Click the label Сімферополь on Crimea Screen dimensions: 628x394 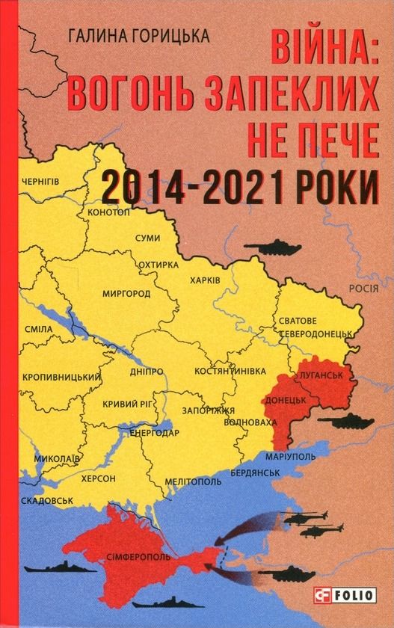[141, 557]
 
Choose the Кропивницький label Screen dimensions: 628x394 [61, 377]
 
